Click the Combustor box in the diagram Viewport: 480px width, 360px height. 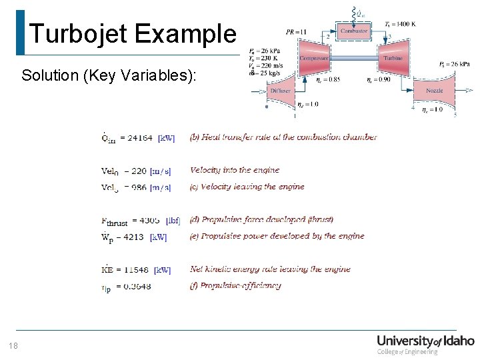[x=353, y=31]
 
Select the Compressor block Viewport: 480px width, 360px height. [x=313, y=58]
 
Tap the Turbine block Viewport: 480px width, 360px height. [x=393, y=58]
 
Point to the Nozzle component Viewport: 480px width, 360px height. [x=434, y=90]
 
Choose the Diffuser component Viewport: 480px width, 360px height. [x=280, y=91]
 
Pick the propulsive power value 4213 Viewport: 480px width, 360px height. [x=133, y=236]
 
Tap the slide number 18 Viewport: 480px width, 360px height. [x=13, y=345]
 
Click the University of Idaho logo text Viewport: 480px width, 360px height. [x=425, y=341]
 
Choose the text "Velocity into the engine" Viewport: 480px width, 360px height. [x=235, y=171]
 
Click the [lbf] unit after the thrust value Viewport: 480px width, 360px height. [x=173, y=220]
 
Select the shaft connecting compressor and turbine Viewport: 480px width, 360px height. [x=353, y=58]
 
